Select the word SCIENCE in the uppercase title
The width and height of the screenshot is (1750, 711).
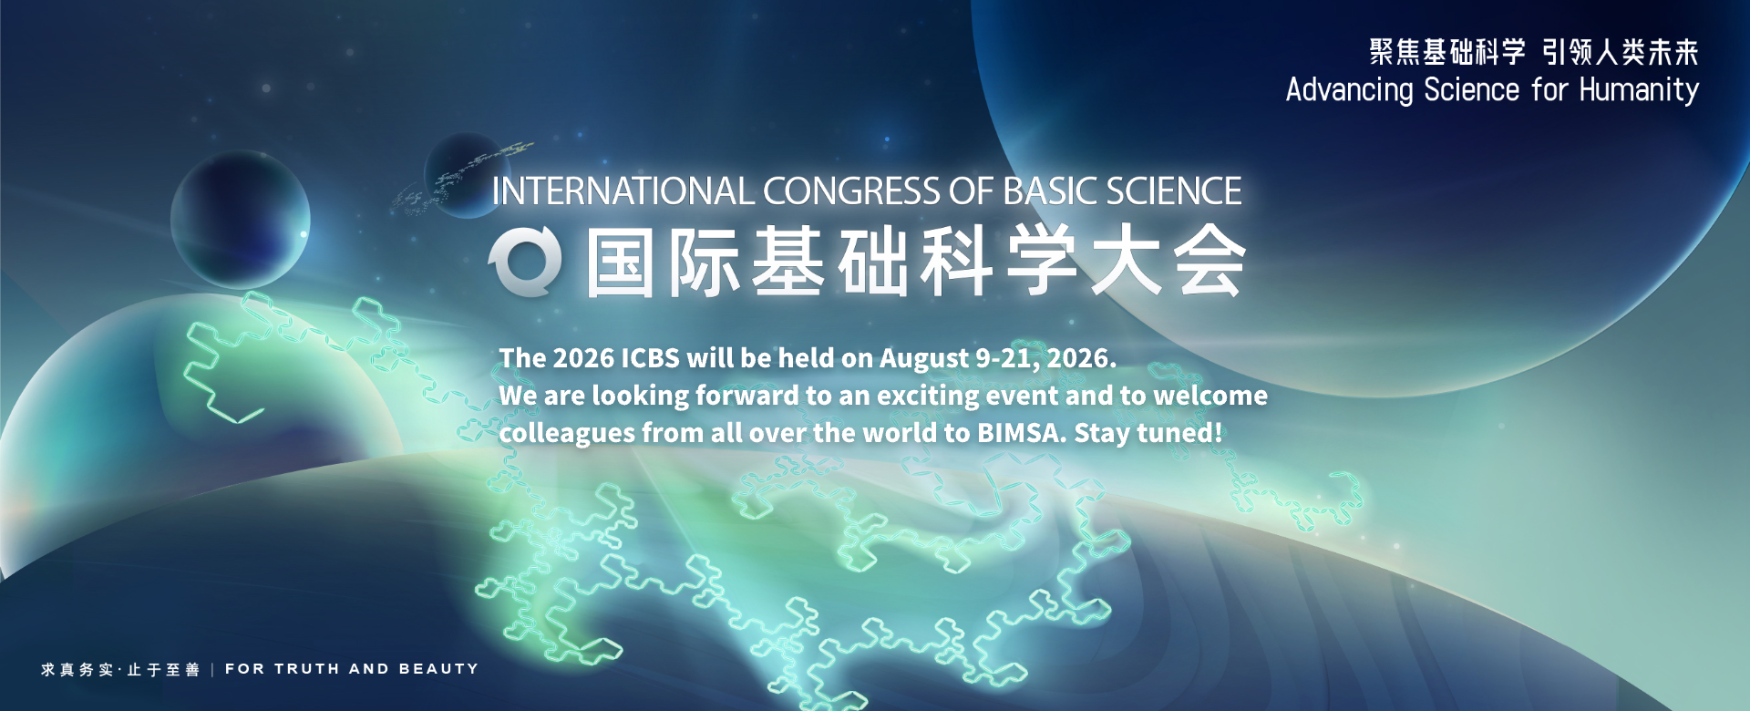1174,191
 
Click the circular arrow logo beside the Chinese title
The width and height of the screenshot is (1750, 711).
525,263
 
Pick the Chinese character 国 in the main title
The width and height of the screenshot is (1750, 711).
621,263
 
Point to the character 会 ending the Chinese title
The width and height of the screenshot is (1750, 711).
1210,263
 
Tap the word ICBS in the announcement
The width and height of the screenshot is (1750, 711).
650,358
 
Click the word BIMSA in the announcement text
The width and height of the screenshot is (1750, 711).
1021,433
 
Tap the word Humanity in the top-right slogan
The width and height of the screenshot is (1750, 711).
1639,90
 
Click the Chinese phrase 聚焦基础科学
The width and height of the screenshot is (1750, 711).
1447,52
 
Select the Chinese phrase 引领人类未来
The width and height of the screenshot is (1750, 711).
1621,52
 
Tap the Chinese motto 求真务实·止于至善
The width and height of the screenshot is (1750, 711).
120,670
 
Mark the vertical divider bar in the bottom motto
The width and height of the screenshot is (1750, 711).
212,670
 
